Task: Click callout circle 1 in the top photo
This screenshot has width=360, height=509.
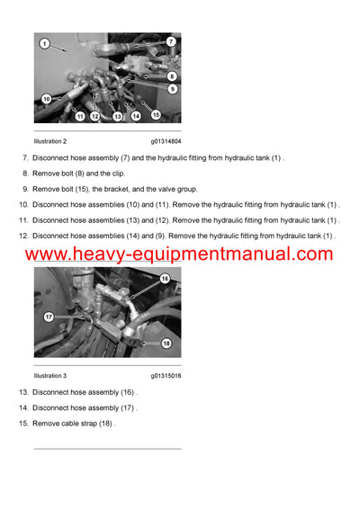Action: pos(43,43)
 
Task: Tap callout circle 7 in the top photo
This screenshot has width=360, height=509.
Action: pos(171,41)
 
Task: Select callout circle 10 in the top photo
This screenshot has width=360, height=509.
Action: pos(46,98)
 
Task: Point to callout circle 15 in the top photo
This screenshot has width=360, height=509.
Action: pos(156,114)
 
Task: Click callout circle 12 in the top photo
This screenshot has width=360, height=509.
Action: pos(94,116)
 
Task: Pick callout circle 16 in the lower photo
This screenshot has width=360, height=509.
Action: pos(165,279)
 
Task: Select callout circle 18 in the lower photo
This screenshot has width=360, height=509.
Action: pos(166,343)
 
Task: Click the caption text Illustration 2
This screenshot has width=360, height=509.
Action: pos(50,141)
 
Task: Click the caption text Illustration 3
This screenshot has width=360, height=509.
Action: pos(50,375)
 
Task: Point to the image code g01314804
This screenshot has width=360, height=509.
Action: pos(166,141)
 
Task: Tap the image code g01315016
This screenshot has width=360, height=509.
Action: pos(166,375)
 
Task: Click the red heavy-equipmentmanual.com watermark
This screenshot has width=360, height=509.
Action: pos(180,254)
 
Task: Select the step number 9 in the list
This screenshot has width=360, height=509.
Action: pos(25,189)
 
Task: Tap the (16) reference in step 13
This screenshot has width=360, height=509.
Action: pos(127,392)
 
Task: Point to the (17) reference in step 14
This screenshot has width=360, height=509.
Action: pos(127,407)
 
